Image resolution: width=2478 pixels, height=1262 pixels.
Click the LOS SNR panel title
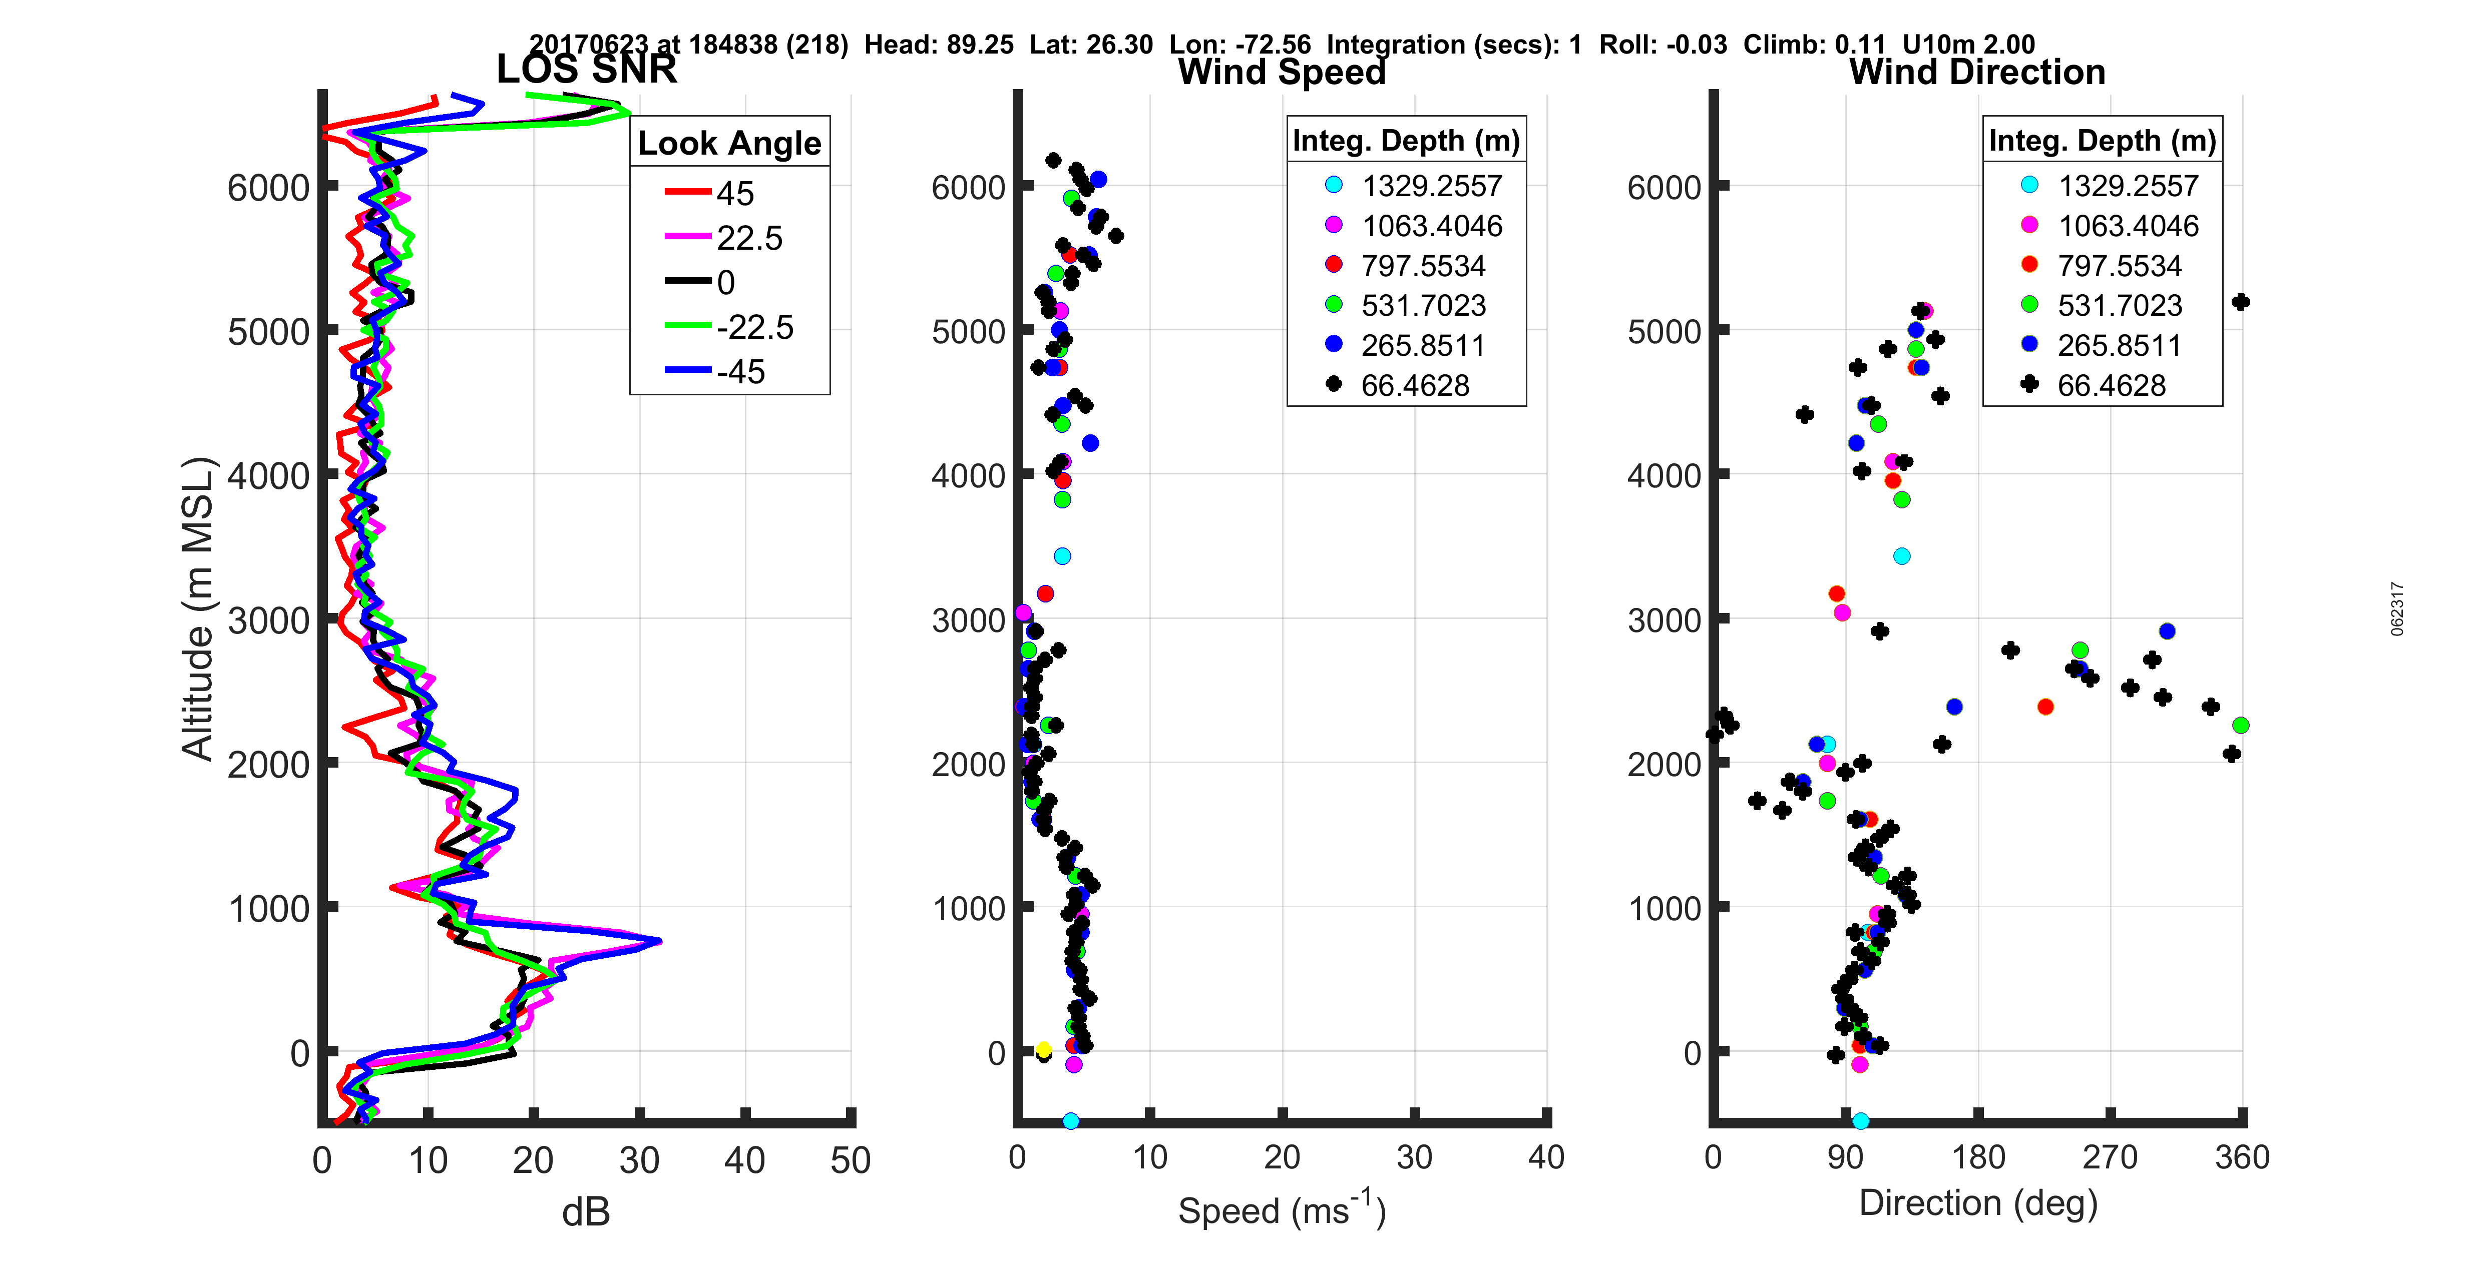pyautogui.click(x=586, y=69)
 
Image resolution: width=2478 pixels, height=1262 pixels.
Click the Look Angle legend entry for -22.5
pyautogui.click(x=754, y=327)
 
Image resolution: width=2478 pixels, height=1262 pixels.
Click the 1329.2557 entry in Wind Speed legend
pyautogui.click(x=1431, y=186)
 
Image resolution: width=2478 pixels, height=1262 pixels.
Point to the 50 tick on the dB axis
pyautogui.click(x=851, y=1160)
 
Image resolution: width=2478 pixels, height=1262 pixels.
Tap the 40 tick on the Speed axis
pyautogui.click(x=1546, y=1157)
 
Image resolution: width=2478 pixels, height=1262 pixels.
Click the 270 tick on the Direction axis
pyautogui.click(x=2110, y=1157)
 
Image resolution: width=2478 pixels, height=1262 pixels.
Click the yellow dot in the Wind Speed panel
pyautogui.click(x=1044, y=1049)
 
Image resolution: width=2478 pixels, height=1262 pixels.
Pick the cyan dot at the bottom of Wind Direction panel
pyautogui.click(x=1860, y=1120)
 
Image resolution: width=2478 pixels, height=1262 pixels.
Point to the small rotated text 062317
pyautogui.click(x=2396, y=609)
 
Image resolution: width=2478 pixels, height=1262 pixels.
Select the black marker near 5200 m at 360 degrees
pyautogui.click(x=2240, y=302)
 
